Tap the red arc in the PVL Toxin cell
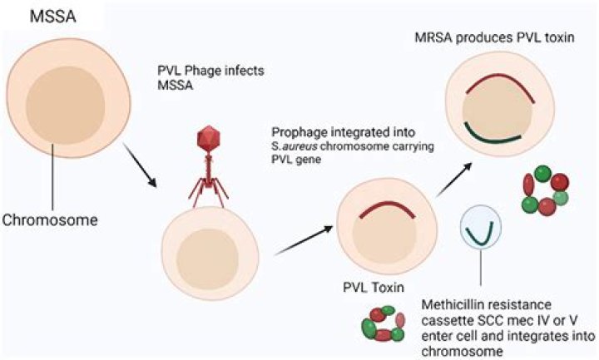(382, 211)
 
